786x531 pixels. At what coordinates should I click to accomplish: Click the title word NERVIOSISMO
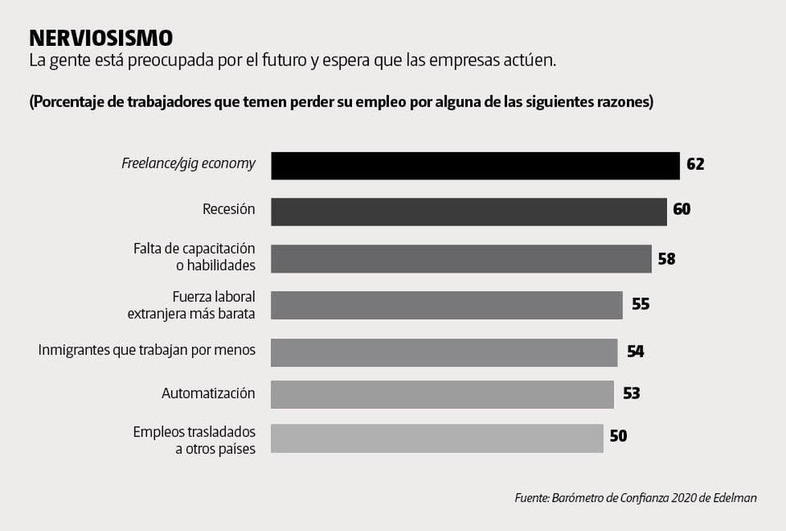pyautogui.click(x=100, y=38)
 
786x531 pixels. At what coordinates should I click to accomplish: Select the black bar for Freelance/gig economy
pyautogui.click(x=475, y=165)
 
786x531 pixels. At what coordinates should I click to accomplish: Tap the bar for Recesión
pyautogui.click(x=468, y=211)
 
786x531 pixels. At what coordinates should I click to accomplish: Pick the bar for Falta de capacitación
pyautogui.click(x=461, y=258)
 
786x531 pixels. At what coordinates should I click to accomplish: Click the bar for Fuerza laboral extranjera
pyautogui.click(x=446, y=304)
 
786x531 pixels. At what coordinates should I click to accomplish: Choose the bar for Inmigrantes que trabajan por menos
pyautogui.click(x=444, y=352)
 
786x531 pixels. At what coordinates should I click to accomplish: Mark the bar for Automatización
pyautogui.click(x=442, y=394)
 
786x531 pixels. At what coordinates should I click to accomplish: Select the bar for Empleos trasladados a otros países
pyautogui.click(x=436, y=437)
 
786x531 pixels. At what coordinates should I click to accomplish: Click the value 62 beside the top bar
pyautogui.click(x=695, y=164)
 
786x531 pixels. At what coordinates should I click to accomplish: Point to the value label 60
pyautogui.click(x=681, y=209)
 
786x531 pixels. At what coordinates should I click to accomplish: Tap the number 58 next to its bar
pyautogui.click(x=666, y=259)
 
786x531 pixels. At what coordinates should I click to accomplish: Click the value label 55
pyautogui.click(x=640, y=304)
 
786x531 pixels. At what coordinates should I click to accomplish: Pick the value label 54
pyautogui.click(x=635, y=351)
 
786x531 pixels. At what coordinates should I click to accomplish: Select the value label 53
pyautogui.click(x=631, y=393)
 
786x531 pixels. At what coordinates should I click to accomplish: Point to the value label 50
pyautogui.click(x=618, y=437)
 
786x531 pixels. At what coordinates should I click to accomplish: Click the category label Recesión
pyautogui.click(x=229, y=209)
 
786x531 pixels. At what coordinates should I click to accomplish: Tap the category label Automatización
pyautogui.click(x=208, y=393)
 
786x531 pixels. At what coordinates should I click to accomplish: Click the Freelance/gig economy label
pyautogui.click(x=188, y=163)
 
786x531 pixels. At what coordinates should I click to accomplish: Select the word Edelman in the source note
pyautogui.click(x=734, y=497)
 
